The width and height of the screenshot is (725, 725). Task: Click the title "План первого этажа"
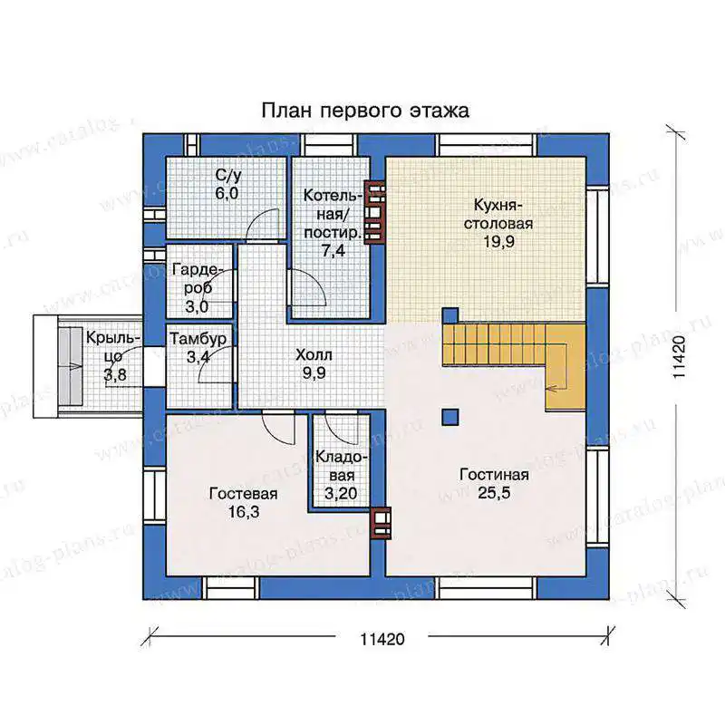(365, 111)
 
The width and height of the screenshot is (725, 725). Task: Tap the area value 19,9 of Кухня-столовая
(499, 241)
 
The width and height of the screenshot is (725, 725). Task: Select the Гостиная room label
(494, 475)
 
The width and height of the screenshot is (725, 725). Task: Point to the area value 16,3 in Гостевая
(244, 512)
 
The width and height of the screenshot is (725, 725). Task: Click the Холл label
(314, 355)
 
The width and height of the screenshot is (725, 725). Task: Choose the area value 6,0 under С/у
(227, 193)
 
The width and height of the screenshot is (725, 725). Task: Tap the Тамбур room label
(198, 339)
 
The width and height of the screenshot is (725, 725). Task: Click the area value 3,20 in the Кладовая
(341, 493)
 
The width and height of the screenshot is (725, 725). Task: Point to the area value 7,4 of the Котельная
(333, 251)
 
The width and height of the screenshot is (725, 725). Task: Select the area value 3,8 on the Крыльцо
(115, 374)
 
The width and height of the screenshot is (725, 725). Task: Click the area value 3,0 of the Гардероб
(197, 306)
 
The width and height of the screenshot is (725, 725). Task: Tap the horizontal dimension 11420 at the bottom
(382, 640)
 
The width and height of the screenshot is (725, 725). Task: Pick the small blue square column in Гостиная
(449, 417)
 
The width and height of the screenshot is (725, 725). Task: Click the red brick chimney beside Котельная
(374, 212)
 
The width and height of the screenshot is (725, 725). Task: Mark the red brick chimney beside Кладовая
(382, 523)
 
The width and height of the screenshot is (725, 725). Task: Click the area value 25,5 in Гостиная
(494, 493)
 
